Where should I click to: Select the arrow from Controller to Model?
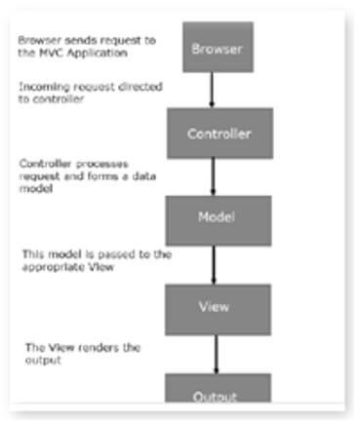coord(215,176)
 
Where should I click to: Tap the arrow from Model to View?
coord(215,263)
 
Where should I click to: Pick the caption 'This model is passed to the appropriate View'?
coord(96,258)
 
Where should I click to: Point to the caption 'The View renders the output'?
coord(68,353)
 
